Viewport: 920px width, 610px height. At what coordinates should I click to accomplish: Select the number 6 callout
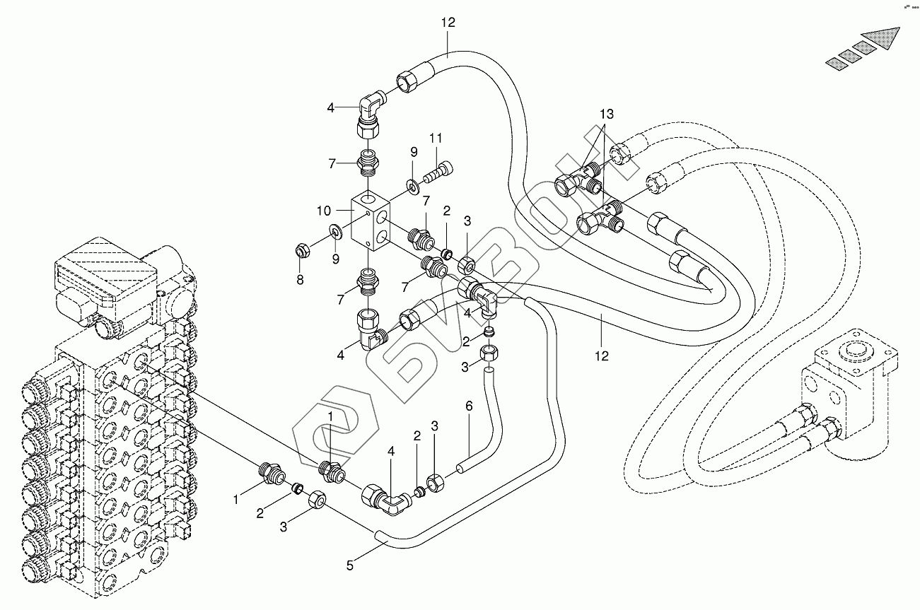468,406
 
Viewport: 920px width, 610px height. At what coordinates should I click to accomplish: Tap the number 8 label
300,280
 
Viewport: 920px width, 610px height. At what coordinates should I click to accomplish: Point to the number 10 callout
324,211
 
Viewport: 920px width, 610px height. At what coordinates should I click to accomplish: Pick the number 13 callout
607,114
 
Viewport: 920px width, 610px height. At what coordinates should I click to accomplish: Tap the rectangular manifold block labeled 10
371,219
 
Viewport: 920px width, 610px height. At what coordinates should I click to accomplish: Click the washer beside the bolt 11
412,185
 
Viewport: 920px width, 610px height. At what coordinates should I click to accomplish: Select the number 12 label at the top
448,23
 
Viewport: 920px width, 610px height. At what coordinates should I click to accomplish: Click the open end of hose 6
460,467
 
